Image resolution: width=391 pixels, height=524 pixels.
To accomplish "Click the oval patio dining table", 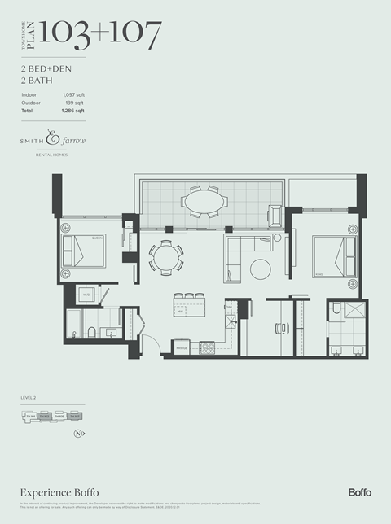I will [204, 200].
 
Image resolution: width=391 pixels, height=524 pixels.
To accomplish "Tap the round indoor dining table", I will [165, 259].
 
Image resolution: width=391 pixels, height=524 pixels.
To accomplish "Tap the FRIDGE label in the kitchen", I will [182, 349].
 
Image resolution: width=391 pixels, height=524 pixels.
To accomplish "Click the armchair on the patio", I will [275, 216].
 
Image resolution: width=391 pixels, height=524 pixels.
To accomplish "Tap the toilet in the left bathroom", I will [90, 332].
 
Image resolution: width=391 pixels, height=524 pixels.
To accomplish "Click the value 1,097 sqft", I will [74, 96].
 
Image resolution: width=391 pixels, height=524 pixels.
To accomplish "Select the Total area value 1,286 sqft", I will [73, 110].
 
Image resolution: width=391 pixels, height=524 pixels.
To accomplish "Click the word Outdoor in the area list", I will [30, 103].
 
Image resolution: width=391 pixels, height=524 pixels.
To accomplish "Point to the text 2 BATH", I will [37, 82].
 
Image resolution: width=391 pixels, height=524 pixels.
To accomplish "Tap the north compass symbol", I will [77, 434].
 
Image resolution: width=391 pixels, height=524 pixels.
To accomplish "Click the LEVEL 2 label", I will [31, 398].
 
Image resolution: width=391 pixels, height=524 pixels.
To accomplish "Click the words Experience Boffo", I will [53, 493].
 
